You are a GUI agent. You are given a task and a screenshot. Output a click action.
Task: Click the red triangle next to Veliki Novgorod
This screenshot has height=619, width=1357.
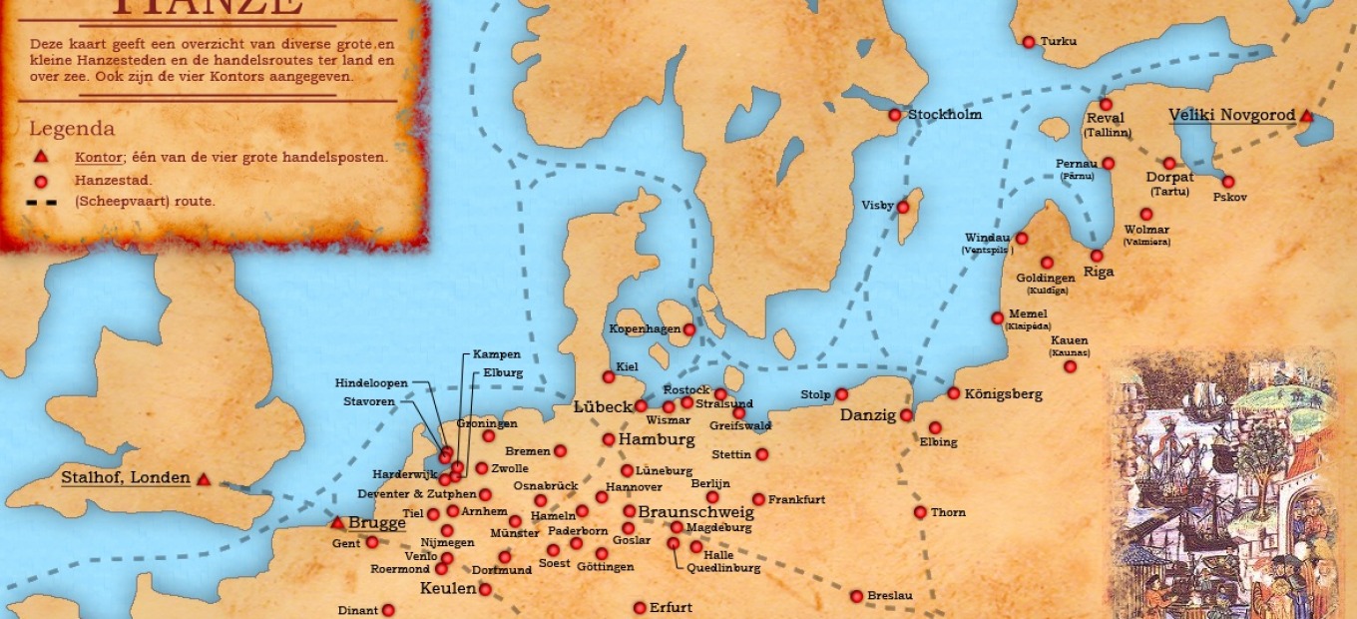[1305, 117]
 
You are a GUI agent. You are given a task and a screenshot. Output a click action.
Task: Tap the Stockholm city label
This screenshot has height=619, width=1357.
[944, 115]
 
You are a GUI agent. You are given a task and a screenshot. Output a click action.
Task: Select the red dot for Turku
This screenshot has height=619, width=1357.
[1029, 42]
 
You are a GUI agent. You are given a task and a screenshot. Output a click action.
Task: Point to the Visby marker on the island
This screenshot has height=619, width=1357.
[903, 208]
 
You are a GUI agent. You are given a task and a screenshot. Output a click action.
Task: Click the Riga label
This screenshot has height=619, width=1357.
[1099, 272]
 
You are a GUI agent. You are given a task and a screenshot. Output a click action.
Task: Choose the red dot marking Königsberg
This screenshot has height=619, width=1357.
[954, 393]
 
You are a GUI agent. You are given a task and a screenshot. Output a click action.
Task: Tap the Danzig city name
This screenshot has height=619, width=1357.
[868, 415]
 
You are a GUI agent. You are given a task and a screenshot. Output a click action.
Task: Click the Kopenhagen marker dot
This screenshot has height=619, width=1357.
[688, 329]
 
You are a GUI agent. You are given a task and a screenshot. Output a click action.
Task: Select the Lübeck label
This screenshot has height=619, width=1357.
[603, 407]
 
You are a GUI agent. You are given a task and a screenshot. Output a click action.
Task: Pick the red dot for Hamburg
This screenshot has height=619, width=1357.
[609, 439]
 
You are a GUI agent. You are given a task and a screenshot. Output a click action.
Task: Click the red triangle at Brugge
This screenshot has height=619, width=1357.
[337, 523]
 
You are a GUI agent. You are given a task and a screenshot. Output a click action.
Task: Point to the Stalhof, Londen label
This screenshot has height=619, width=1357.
[126, 477]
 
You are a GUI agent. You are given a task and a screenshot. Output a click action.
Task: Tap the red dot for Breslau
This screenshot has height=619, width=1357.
[856, 596]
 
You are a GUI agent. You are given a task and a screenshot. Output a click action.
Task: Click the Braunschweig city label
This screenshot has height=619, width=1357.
[695, 512]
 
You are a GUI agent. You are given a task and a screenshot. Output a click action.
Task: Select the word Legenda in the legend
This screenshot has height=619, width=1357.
[72, 129]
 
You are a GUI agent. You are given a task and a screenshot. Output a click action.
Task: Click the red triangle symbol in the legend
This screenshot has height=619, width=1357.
[41, 157]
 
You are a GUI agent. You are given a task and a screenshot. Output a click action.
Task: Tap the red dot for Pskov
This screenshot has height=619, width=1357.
[1228, 182]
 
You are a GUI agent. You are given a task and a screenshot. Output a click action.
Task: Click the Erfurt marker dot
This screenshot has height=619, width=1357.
[640, 608]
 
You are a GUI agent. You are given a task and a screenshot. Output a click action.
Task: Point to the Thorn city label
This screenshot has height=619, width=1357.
[948, 513]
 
